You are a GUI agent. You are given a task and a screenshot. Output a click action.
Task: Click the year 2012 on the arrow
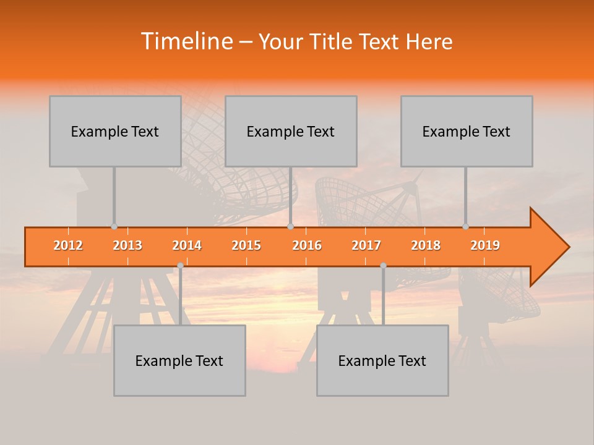68,245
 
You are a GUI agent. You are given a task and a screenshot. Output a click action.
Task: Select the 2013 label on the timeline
127,245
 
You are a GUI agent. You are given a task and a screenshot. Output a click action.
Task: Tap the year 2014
187,245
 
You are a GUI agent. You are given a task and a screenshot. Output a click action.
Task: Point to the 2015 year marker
246,245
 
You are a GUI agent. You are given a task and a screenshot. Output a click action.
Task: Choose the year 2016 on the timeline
307,245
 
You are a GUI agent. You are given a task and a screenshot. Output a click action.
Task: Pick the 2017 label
366,245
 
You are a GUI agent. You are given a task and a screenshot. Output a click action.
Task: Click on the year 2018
426,245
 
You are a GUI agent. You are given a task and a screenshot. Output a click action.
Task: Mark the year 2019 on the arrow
485,245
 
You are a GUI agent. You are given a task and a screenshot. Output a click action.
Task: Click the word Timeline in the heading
186,41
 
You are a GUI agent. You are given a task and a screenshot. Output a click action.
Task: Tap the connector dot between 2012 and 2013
114,227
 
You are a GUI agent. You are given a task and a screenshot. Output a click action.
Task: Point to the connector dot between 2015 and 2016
290,227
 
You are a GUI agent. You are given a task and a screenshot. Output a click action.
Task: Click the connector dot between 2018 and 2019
466,227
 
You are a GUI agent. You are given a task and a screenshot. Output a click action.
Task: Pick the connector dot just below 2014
180,265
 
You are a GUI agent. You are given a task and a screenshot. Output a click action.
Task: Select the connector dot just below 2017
383,265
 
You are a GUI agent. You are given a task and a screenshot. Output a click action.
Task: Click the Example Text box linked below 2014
179,360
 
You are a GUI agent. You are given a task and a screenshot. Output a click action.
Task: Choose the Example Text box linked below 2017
382,360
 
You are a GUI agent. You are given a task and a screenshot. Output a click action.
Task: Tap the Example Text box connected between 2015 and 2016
291,131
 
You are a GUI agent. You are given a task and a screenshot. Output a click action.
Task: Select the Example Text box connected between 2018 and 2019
467,131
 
